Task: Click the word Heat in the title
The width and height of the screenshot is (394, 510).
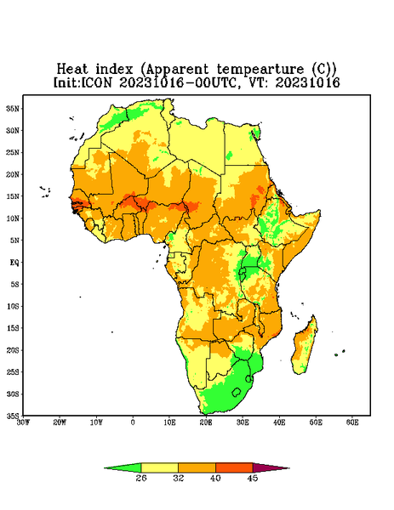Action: (72, 69)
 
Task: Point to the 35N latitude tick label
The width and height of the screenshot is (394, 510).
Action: (13, 108)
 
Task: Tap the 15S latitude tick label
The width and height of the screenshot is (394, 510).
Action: (13, 328)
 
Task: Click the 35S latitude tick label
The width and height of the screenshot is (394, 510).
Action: (13, 416)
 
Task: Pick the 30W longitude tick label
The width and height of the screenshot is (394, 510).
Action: (23, 422)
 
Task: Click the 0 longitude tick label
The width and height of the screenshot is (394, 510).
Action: (133, 422)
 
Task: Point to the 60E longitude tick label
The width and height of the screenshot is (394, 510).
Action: (352, 422)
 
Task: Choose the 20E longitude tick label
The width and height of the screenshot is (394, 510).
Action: (206, 422)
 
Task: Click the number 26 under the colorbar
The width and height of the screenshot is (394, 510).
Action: (141, 478)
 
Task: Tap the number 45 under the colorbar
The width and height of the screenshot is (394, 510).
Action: (253, 478)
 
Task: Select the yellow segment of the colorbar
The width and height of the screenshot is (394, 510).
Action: (159, 467)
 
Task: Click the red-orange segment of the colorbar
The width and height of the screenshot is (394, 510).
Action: (234, 467)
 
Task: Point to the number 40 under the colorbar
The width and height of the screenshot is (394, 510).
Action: (215, 478)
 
